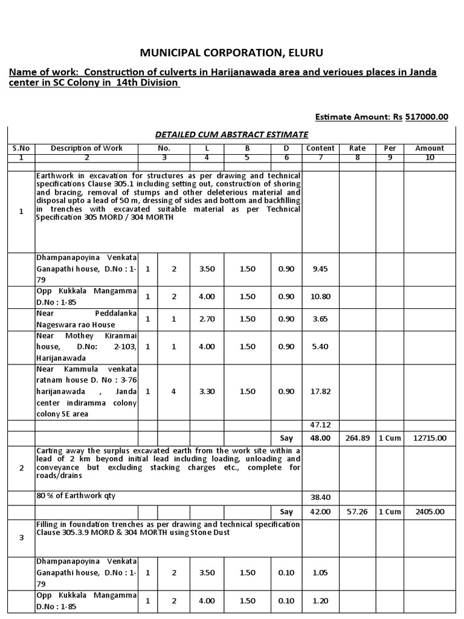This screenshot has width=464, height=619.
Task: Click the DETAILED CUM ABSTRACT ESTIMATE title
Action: [x=231, y=134]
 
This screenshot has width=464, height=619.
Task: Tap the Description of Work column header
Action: [x=86, y=148]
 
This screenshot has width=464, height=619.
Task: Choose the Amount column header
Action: [x=429, y=148]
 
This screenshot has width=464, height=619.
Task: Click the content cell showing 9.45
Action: [x=320, y=269]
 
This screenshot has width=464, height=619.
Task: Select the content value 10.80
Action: [x=320, y=296]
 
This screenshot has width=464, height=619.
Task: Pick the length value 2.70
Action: [x=207, y=319]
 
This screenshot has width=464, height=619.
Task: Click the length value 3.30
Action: [x=207, y=391]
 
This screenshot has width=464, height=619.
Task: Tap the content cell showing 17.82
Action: [x=320, y=391]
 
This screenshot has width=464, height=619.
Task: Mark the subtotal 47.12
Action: [x=320, y=425]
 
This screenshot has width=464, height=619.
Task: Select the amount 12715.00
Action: [x=429, y=438]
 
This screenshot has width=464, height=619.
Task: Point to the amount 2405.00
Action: [x=429, y=511]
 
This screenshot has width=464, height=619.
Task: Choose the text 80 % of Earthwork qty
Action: [x=76, y=496]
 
